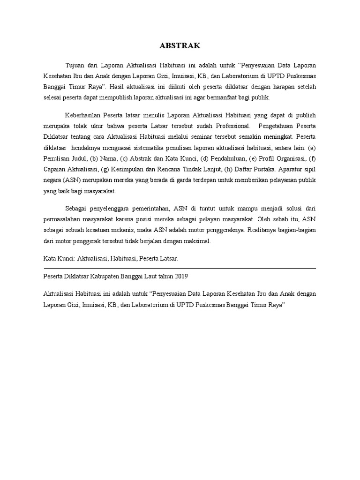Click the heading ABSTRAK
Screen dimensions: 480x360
click(180, 46)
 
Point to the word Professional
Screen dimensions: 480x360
click(231, 126)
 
